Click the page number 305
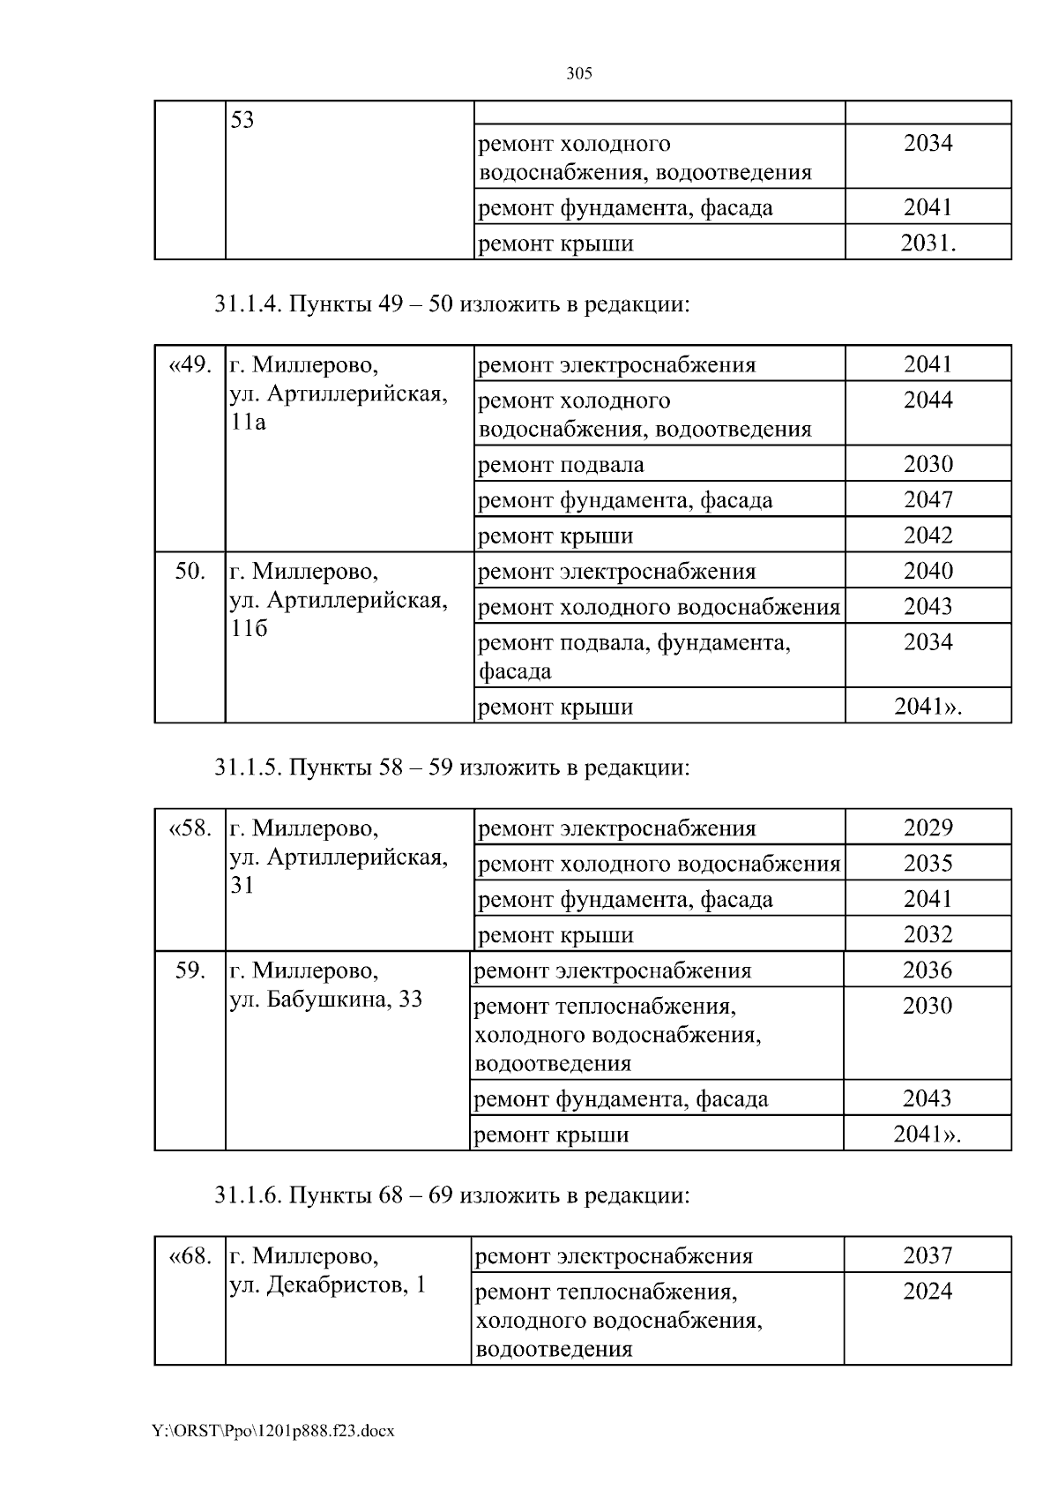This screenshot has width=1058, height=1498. click(x=578, y=74)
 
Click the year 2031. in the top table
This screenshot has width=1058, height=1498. click(x=928, y=243)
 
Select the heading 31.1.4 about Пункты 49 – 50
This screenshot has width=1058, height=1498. click(x=451, y=304)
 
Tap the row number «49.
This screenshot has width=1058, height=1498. click(x=190, y=365)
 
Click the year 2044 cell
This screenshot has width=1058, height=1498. click(x=928, y=401)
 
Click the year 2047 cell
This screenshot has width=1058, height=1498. click(x=928, y=500)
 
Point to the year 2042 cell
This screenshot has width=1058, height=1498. click(x=928, y=536)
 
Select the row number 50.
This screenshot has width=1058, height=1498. click(x=190, y=571)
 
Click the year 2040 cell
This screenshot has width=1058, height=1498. click(x=928, y=571)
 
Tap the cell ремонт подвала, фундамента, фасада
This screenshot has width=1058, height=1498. click(x=634, y=656)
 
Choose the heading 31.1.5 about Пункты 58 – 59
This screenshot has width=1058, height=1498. click(x=451, y=768)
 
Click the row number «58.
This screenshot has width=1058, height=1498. click(x=190, y=828)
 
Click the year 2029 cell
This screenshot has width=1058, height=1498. click(x=928, y=828)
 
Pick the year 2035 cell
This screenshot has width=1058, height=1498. click(x=928, y=864)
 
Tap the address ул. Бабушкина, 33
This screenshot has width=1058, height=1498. click(x=326, y=1000)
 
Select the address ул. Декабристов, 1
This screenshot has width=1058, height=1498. click(x=328, y=1285)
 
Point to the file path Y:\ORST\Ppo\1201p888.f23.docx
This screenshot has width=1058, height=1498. click(x=273, y=1430)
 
